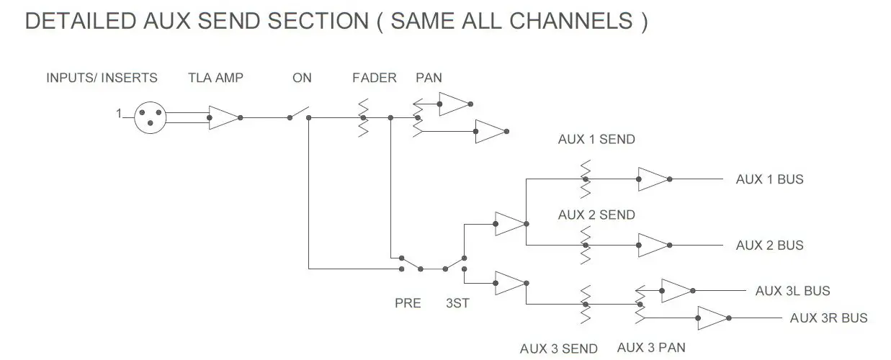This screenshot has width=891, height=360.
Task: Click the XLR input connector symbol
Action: tap(150, 117)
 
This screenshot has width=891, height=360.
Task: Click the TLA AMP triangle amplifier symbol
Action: tap(223, 117)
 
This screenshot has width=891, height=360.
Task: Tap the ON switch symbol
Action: tap(299, 114)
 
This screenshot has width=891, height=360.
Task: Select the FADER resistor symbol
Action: tap(363, 117)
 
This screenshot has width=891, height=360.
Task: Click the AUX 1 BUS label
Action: tap(769, 179)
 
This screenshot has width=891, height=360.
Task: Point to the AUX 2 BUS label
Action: tap(769, 246)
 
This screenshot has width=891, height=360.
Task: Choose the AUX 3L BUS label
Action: tap(792, 291)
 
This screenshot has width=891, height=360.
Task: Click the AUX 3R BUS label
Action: tap(828, 318)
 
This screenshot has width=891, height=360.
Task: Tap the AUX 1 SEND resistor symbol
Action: tap(585, 179)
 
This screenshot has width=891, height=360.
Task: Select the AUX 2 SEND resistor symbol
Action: tap(585, 246)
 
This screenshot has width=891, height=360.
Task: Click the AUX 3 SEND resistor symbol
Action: tap(585, 305)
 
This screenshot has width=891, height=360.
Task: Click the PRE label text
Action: tap(407, 303)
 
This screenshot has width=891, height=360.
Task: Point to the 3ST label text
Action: tap(457, 303)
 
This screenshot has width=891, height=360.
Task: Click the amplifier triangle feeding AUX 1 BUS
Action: tap(653, 179)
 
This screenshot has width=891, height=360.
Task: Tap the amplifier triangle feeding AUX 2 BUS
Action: tap(653, 246)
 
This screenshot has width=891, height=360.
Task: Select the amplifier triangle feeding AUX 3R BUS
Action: tap(712, 318)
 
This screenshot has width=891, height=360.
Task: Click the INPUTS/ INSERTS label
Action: tap(102, 78)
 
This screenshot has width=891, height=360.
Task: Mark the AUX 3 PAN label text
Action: tap(651, 347)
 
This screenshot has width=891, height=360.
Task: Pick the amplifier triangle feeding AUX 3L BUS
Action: tap(676, 291)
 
